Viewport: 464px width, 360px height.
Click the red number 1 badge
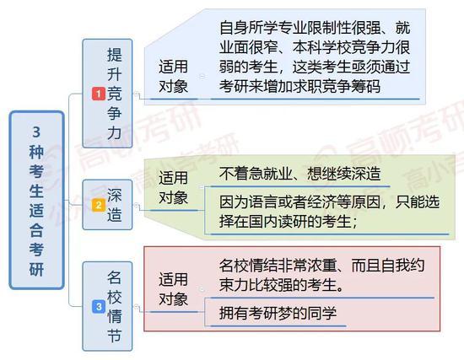99,94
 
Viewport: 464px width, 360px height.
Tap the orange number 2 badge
99,205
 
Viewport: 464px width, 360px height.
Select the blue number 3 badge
99,306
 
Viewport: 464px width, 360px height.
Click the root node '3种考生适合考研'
36,200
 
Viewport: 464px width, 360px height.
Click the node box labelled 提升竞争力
107,94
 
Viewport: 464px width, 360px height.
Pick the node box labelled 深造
107,204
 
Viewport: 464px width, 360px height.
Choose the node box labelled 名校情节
107,306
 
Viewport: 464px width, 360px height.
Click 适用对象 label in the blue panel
174,76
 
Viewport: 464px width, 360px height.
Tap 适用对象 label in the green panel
174,187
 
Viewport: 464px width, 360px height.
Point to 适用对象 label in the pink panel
174,289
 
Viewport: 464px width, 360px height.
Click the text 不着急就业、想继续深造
299,174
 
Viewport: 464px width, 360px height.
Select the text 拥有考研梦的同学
278,313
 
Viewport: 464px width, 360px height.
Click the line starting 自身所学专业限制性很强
315,27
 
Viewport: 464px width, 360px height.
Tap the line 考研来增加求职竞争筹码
299,86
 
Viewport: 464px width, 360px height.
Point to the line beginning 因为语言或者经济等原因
329,202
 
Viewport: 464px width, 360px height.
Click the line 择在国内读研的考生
289,221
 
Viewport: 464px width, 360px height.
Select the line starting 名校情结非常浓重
321,266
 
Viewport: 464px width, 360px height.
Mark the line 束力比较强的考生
282,285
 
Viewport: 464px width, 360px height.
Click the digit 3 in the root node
36,132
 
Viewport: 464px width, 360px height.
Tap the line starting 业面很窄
315,47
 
